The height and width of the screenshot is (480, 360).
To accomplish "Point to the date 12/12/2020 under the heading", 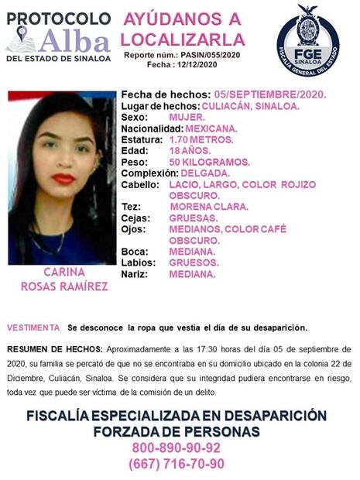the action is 202,67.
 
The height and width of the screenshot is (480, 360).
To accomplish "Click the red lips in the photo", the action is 63,179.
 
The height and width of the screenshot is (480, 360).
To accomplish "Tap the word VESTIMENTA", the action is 33,327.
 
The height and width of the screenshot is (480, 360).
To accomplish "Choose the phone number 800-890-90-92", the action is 177,447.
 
